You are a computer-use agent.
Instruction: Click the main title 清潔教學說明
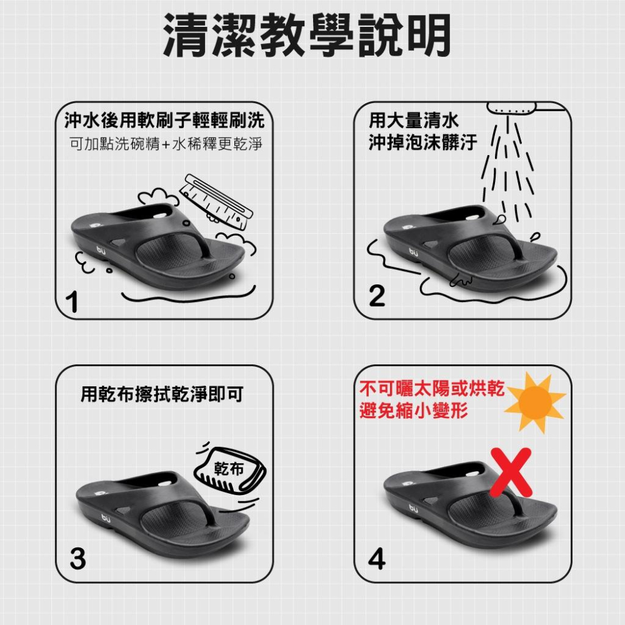306,36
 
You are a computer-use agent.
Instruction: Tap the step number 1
74,302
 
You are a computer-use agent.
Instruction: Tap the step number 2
377,296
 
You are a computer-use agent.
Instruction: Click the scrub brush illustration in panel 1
216,199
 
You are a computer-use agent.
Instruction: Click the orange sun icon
534,400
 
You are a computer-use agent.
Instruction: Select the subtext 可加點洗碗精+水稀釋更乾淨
165,145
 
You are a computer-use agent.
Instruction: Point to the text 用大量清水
414,120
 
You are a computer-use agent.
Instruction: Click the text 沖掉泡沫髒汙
422,143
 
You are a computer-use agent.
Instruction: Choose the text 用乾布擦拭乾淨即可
162,394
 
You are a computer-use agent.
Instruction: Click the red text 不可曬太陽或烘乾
432,388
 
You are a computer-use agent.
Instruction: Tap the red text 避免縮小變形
414,412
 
